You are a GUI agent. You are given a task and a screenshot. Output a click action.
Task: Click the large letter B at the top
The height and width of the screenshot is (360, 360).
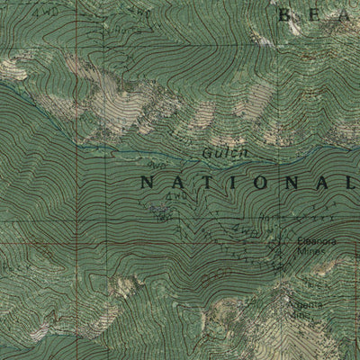click(286, 13)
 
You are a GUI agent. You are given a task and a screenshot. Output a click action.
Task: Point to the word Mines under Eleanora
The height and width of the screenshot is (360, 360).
click(313, 250)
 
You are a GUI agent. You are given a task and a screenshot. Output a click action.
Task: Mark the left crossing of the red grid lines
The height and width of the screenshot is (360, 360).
click(87, 242)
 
